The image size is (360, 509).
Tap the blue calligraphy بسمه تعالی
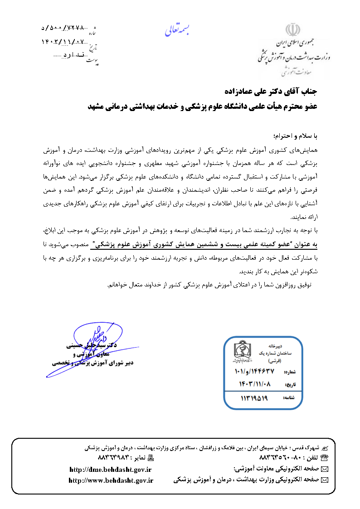(178, 29)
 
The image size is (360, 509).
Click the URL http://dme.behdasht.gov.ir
(111, 469)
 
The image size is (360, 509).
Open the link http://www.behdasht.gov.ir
(111, 480)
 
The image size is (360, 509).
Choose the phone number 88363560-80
(280, 458)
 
